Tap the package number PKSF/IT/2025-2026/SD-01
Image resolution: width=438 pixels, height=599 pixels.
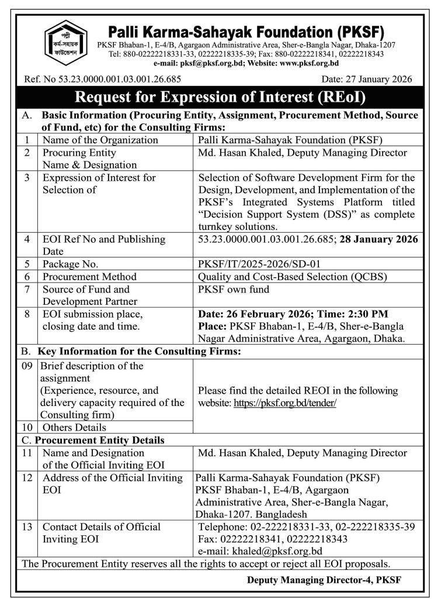coord(260,265)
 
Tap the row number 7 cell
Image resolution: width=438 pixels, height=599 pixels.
coord(27,289)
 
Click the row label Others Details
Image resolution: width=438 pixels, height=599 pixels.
coord(74,428)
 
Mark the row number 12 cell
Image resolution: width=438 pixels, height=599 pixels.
coord(27,478)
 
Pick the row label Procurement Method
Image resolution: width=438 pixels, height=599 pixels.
coord(85,277)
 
